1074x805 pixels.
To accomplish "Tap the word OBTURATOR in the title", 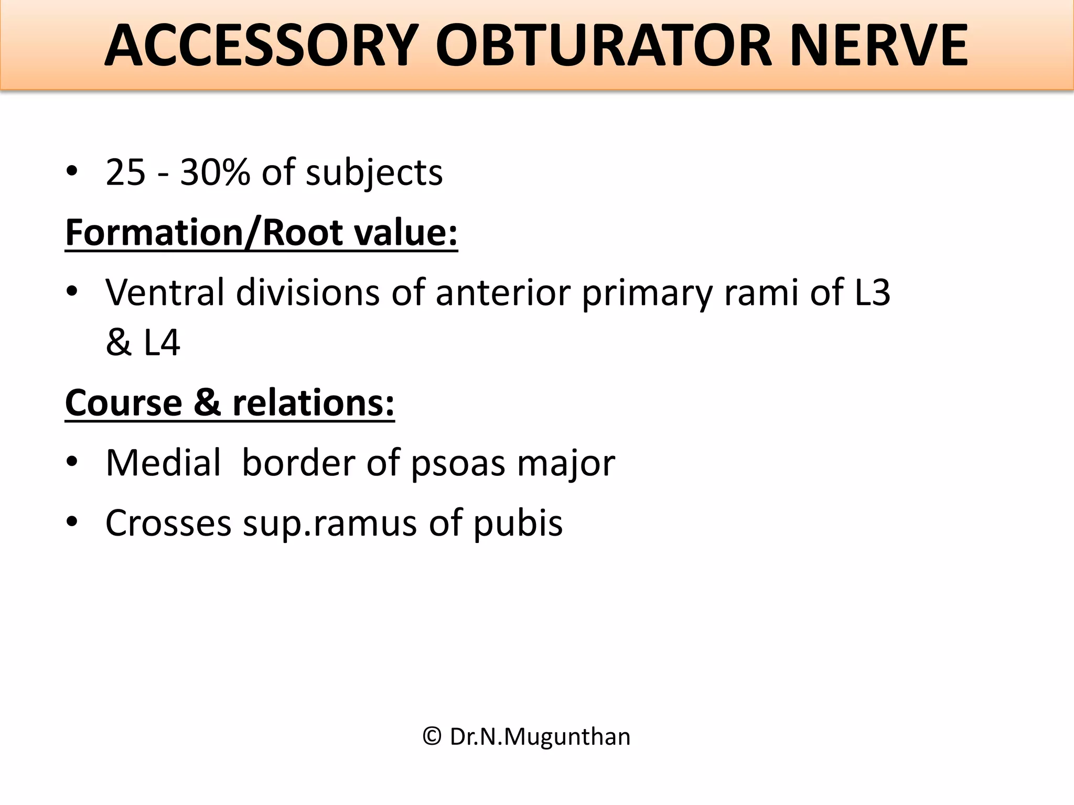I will tap(603, 46).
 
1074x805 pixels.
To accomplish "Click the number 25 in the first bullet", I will tap(125, 172).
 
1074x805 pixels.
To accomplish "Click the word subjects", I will tap(374, 173).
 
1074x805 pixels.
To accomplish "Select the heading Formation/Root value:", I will tap(261, 233).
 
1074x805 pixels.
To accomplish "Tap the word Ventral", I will tap(165, 292).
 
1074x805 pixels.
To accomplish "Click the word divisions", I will tap(308, 292).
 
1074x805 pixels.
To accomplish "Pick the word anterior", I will tap(503, 292).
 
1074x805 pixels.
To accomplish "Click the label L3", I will tap(872, 292).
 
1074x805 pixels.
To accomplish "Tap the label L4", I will tap(162, 343).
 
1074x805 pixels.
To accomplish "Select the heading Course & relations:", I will tap(230, 403).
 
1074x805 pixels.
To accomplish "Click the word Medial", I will tap(163, 463).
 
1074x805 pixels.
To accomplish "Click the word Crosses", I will tap(168, 523).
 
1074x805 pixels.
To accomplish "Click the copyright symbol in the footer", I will tap(432, 736).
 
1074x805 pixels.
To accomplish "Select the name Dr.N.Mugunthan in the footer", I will tap(540, 737).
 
